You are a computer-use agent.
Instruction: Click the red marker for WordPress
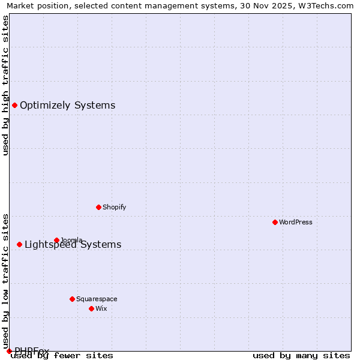pyautogui.click(x=275, y=222)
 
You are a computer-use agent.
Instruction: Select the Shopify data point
pyautogui.click(x=98, y=207)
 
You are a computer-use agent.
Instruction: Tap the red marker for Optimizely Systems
pyautogui.click(x=14, y=106)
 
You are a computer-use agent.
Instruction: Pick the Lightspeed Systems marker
pyautogui.click(x=19, y=244)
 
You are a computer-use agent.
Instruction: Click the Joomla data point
pyautogui.click(x=56, y=240)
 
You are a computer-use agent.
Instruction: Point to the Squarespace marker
pyautogui.click(x=72, y=299)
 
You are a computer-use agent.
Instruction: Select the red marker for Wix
pyautogui.click(x=91, y=308)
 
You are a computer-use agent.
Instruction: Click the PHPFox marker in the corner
pyautogui.click(x=9, y=351)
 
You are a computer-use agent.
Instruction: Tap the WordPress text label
pyautogui.click(x=296, y=222)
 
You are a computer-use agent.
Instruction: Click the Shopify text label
pyautogui.click(x=114, y=207)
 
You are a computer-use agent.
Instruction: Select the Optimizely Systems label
pyautogui.click(x=67, y=106)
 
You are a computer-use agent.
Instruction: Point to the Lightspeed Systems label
pyautogui.click(x=73, y=244)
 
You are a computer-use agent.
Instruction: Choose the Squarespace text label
pyautogui.click(x=97, y=299)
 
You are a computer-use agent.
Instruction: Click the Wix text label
pyautogui.click(x=101, y=308)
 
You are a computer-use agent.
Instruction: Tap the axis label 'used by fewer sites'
pyautogui.click(x=62, y=356)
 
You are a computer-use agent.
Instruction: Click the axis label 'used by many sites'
pyautogui.click(x=301, y=356)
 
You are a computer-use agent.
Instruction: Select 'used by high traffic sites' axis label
pyautogui.click(x=5, y=85)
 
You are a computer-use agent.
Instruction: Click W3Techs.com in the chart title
pyautogui.click(x=326, y=5)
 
